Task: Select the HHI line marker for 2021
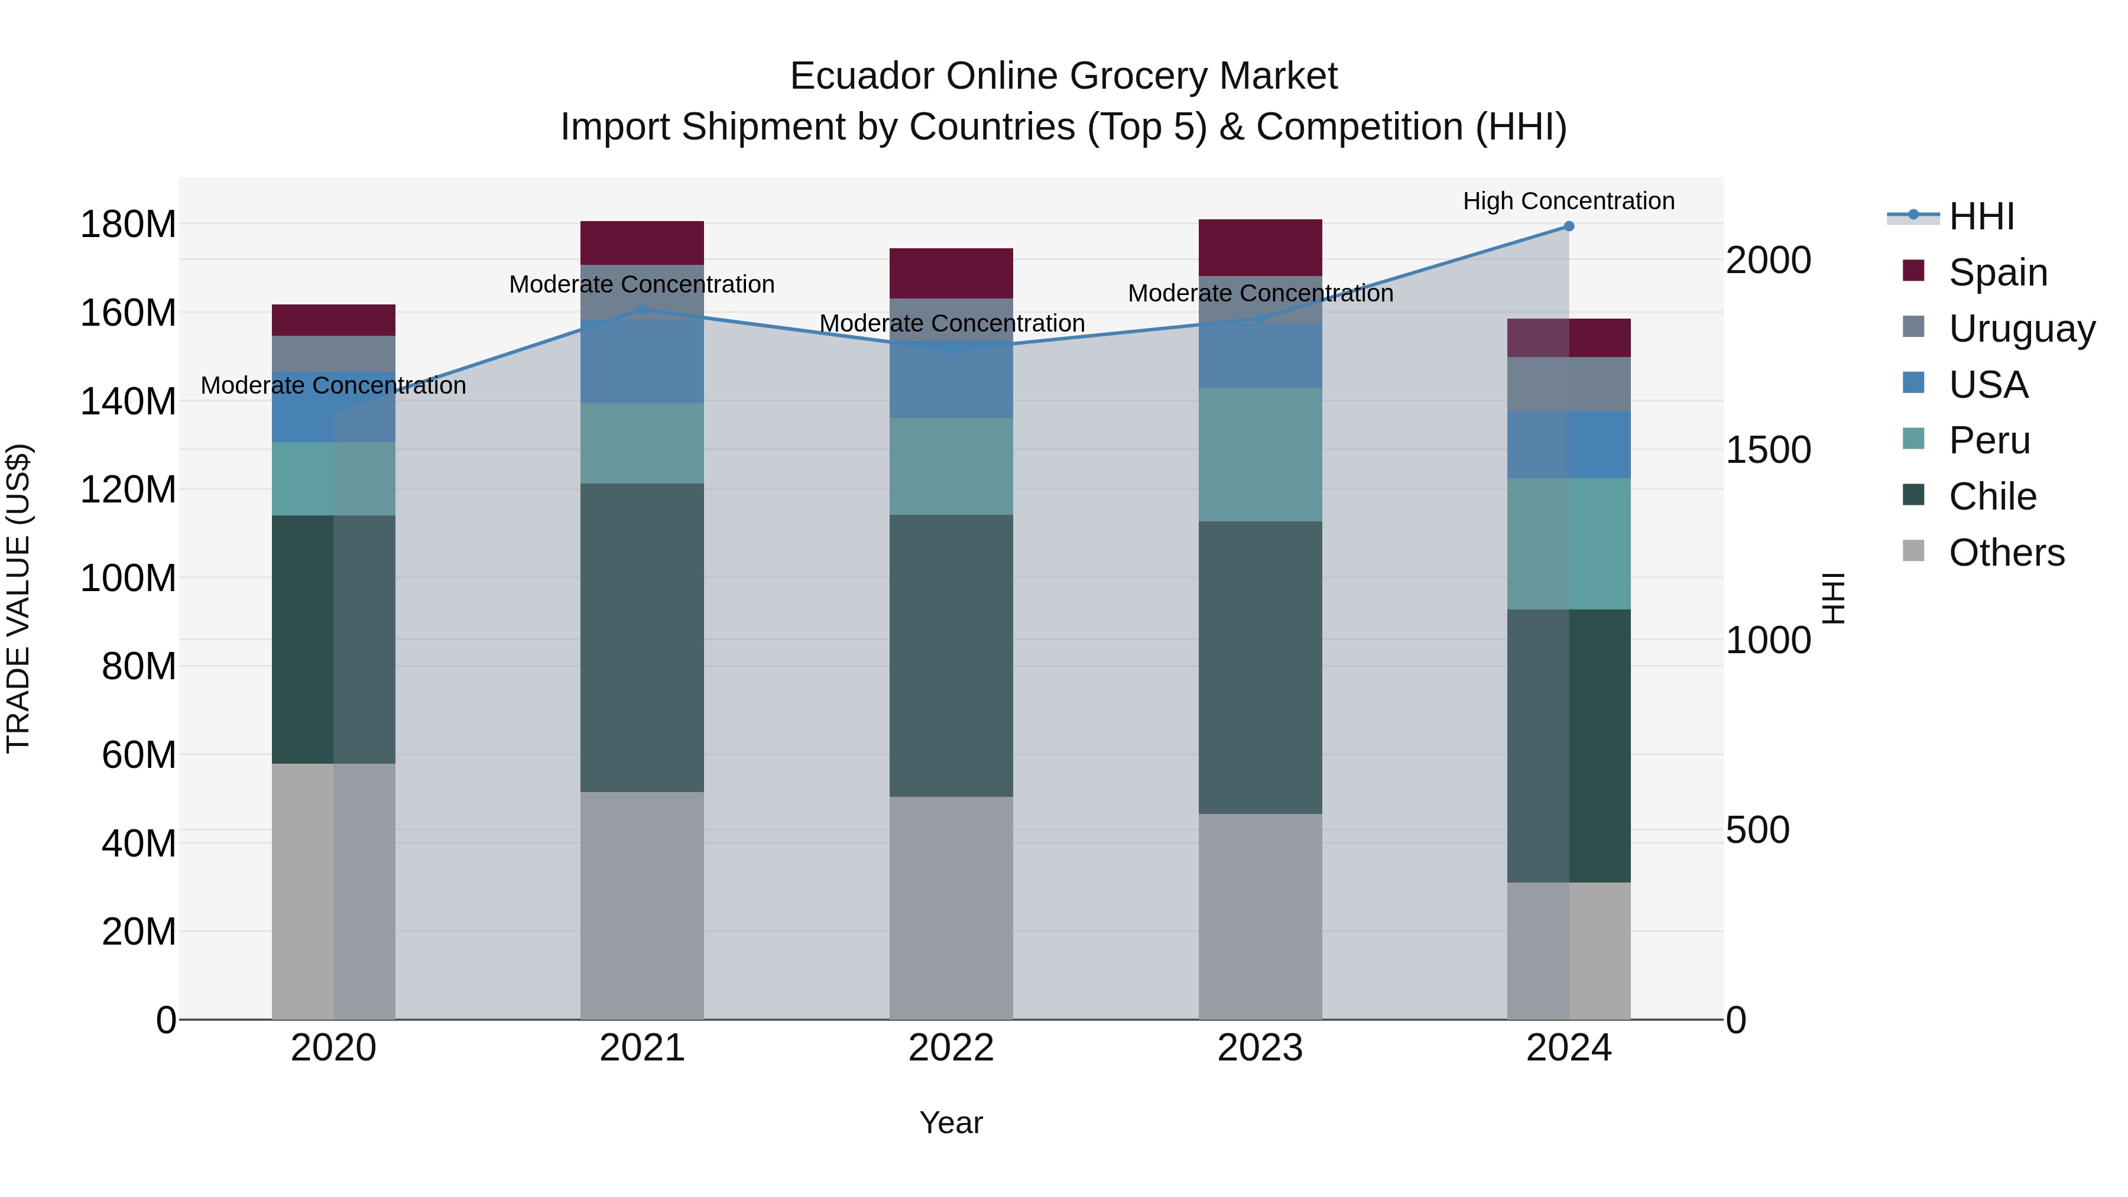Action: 642,310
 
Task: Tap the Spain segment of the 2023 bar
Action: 1260,247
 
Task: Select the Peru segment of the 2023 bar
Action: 1260,455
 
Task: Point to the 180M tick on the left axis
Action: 128,225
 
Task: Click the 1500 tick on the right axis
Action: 1768,450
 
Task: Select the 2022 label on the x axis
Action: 951,1048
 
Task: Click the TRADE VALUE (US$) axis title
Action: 18,598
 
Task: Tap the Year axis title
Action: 951,1123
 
